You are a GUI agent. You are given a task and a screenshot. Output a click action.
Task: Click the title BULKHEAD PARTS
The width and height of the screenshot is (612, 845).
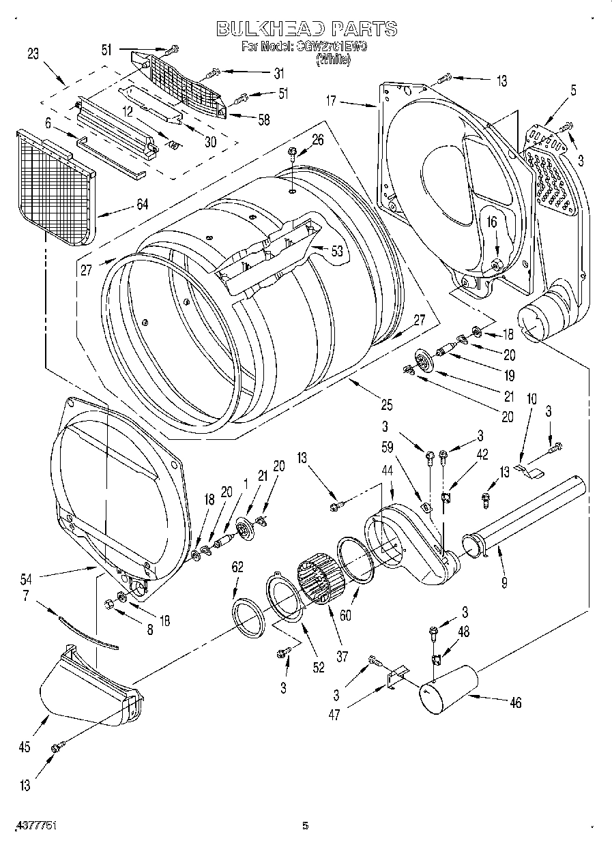[306, 29]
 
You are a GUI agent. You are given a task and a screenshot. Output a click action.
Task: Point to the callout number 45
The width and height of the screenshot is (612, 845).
[25, 747]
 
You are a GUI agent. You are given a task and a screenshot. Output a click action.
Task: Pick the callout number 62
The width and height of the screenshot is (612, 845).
[237, 565]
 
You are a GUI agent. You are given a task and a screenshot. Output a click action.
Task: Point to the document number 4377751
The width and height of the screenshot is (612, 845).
[33, 825]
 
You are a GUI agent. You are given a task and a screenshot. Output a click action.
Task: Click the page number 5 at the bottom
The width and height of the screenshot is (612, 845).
[306, 826]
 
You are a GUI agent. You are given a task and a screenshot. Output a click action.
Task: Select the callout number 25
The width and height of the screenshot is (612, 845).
[386, 405]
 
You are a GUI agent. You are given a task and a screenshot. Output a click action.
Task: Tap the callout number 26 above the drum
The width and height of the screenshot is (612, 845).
[318, 140]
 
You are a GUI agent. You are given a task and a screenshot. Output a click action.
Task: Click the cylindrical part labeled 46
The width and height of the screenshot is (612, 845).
[447, 689]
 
